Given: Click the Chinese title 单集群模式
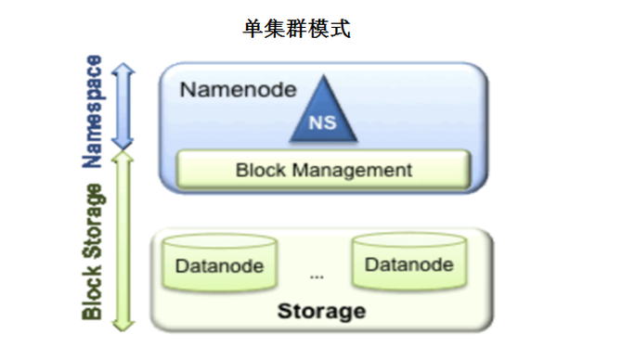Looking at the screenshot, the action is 297,29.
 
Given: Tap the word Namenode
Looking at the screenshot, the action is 238,90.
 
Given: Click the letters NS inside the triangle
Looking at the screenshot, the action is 322,122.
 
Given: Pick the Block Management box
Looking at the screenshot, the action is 323,169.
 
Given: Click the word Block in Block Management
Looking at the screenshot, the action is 261,170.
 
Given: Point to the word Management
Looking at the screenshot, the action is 352,171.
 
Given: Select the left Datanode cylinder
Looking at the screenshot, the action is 219,263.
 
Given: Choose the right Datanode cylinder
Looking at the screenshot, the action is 409,261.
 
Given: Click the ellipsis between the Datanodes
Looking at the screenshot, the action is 317,277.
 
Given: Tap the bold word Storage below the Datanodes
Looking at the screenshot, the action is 321,311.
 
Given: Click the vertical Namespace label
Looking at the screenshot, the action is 93,111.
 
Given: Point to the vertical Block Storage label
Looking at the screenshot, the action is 93,251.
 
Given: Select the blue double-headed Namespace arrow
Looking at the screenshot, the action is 123,107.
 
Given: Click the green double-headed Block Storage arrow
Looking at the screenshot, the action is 123,240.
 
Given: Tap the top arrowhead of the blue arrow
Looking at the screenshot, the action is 123,69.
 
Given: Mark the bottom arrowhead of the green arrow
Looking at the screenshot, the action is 123,325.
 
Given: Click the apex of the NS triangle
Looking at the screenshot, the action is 324,75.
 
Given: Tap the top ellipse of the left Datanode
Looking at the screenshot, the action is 219,241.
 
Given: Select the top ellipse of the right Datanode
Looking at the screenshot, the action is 409,239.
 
